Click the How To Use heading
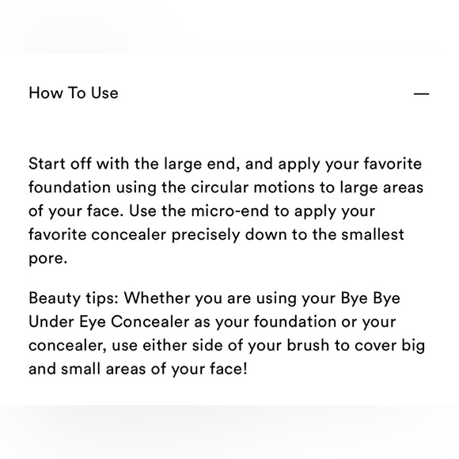74,93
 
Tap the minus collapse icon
421,93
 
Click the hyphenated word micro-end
229,211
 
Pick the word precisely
206,235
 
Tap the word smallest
373,234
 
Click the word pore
48,259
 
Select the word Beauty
55,298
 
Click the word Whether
157,298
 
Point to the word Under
51,322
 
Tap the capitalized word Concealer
150,322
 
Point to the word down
266,234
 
